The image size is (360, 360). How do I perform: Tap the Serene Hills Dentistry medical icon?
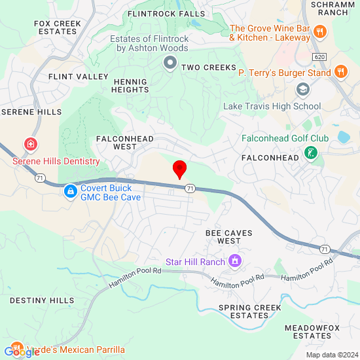tap(30, 144)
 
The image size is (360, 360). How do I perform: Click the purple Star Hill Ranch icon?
tap(235, 262)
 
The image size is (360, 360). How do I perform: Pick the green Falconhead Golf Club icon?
tap(311, 154)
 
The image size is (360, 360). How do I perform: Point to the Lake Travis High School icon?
tap(302, 89)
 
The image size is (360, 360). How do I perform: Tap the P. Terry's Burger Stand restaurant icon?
tap(340, 72)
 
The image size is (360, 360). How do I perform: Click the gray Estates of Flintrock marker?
tap(170, 63)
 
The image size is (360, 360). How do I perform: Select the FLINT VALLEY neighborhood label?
tap(79, 77)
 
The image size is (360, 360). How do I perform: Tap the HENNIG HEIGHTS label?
tap(131, 86)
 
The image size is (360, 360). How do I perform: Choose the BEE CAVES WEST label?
tap(228, 237)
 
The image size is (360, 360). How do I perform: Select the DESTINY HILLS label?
tap(42, 300)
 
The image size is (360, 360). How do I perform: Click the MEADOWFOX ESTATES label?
tap(312, 331)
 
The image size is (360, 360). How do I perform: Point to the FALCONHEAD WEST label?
tap(125, 143)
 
